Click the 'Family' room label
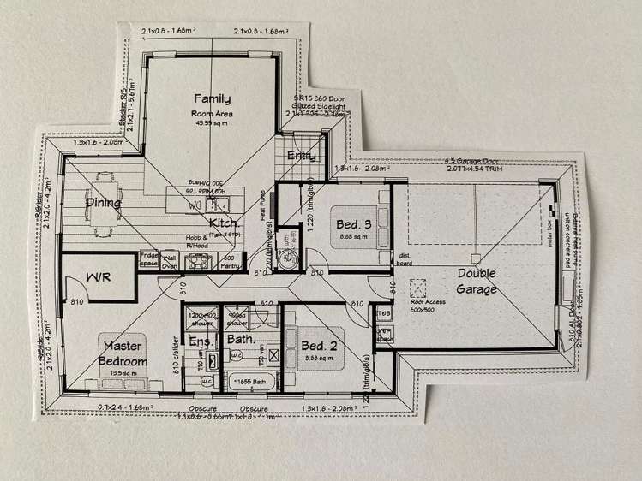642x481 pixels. tap(212, 98)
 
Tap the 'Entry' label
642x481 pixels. tap(301, 156)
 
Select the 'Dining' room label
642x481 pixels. tap(103, 203)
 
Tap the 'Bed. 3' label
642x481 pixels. tap(353, 223)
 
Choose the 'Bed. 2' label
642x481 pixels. tap(319, 345)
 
